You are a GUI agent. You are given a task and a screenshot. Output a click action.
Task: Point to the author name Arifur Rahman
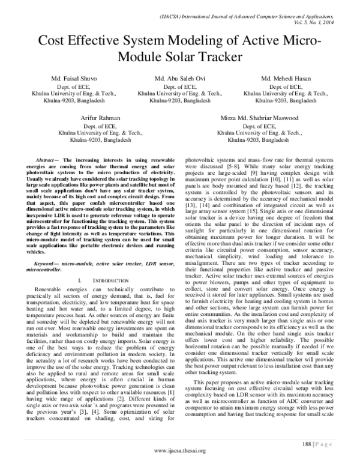point(100,119)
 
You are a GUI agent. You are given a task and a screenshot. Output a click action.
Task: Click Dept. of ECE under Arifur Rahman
point(100,127)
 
